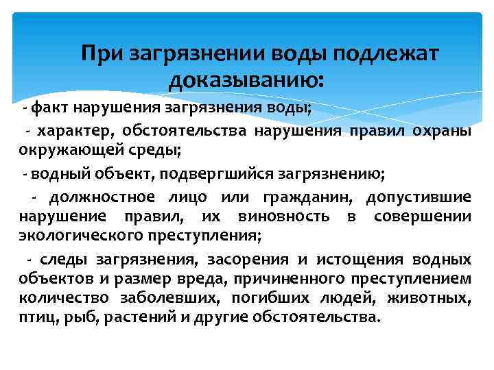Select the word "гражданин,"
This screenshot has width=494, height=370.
(x=302, y=197)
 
